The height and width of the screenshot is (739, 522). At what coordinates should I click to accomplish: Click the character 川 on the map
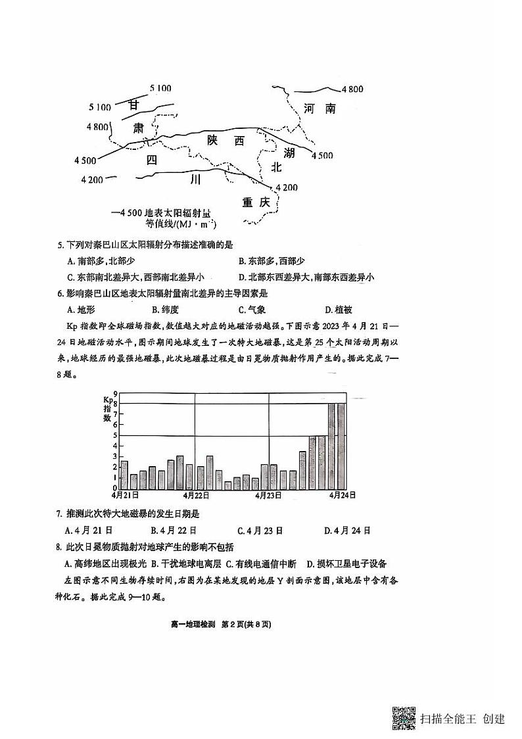[193, 179]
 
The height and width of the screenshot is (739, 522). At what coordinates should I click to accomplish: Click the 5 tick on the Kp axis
[115, 435]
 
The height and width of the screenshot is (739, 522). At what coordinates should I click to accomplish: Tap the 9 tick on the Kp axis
[115, 393]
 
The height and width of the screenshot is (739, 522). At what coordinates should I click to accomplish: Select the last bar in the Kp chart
[341, 446]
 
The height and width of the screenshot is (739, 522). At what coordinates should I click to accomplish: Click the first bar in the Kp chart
[124, 475]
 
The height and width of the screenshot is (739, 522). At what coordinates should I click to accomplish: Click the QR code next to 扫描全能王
[404, 718]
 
